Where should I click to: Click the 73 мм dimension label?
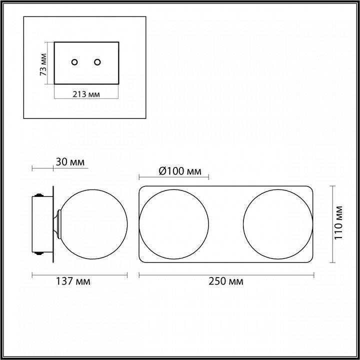pyautogui.click(x=43, y=64)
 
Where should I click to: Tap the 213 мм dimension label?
pyautogui.click(x=86, y=94)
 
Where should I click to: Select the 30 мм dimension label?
pyautogui.click(x=70, y=162)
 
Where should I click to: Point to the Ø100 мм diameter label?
pyautogui.click(x=180, y=171)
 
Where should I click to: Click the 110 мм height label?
pyautogui.click(x=338, y=222)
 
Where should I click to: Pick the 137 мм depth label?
pyautogui.click(x=73, y=281)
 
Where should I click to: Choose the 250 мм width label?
pyautogui.click(x=226, y=281)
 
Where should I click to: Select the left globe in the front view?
pyautogui.click(x=139, y=224)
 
